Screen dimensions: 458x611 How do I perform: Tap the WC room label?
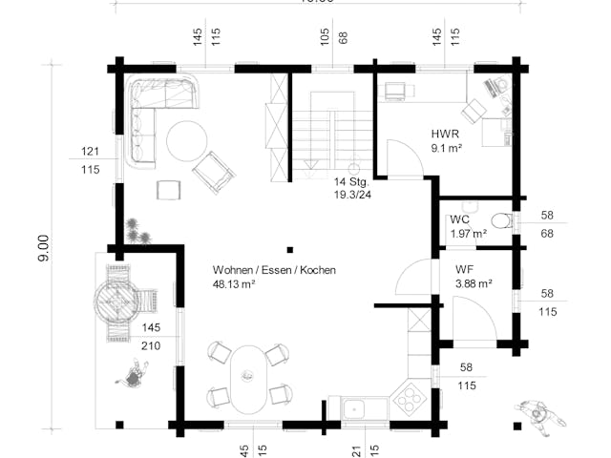(459, 219)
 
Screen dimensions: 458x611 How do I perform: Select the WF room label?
(464, 270)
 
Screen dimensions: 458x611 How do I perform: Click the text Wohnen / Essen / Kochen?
(274, 270)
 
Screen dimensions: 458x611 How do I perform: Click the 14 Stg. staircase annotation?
(350, 181)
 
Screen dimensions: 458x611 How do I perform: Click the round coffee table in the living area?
(186, 141)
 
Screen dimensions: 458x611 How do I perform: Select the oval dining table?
(250, 378)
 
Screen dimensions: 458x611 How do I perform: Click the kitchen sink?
(356, 408)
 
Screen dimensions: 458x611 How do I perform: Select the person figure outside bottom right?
(540, 415)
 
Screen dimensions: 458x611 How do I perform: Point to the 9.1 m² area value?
(445, 149)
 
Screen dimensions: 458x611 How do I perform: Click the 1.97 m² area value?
(468, 233)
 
